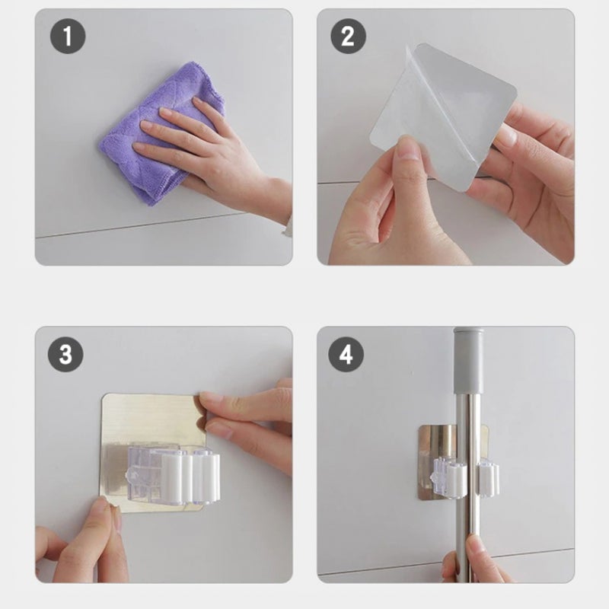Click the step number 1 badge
[x=68, y=36]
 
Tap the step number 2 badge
[x=348, y=36]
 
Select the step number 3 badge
[x=65, y=354]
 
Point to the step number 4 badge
[x=346, y=354]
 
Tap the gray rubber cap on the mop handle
[x=469, y=360]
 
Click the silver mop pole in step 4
[x=469, y=486]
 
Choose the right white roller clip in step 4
[x=489, y=479]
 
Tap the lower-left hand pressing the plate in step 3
[x=81, y=544]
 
